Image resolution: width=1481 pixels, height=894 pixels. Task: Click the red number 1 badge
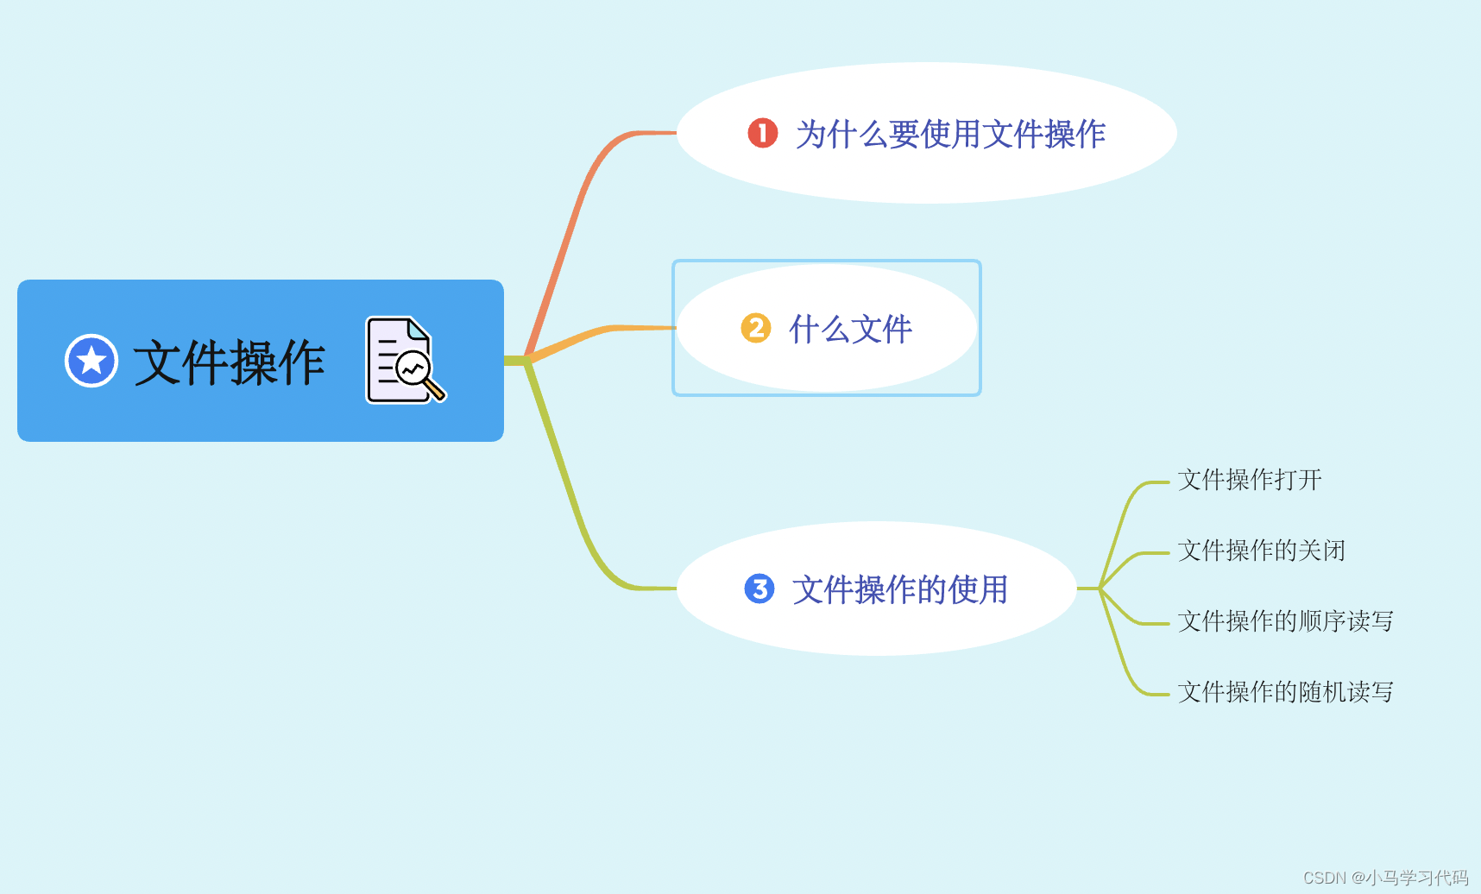[x=762, y=133]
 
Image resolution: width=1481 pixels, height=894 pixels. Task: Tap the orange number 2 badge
[x=756, y=328]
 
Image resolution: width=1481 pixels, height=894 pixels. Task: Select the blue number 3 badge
[x=759, y=589]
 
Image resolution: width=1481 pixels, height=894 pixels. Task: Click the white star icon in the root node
[x=91, y=361]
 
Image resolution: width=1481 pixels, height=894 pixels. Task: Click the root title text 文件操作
[x=229, y=362]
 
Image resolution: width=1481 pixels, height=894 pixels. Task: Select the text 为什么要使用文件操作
[x=950, y=134]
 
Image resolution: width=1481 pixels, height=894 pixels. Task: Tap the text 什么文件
[x=851, y=329]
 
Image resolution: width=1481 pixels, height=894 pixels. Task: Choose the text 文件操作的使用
[x=900, y=589]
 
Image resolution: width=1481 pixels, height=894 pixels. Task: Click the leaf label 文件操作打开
[x=1249, y=480]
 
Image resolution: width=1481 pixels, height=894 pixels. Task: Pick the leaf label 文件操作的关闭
[x=1261, y=551]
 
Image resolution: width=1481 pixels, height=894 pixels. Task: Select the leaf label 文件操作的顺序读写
[x=1285, y=621]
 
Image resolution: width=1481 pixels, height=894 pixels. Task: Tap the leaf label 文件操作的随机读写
[x=1285, y=692]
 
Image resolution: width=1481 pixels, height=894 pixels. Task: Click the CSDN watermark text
[x=1384, y=878]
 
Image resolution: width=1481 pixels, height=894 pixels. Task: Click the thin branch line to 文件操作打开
[x=1125, y=509]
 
